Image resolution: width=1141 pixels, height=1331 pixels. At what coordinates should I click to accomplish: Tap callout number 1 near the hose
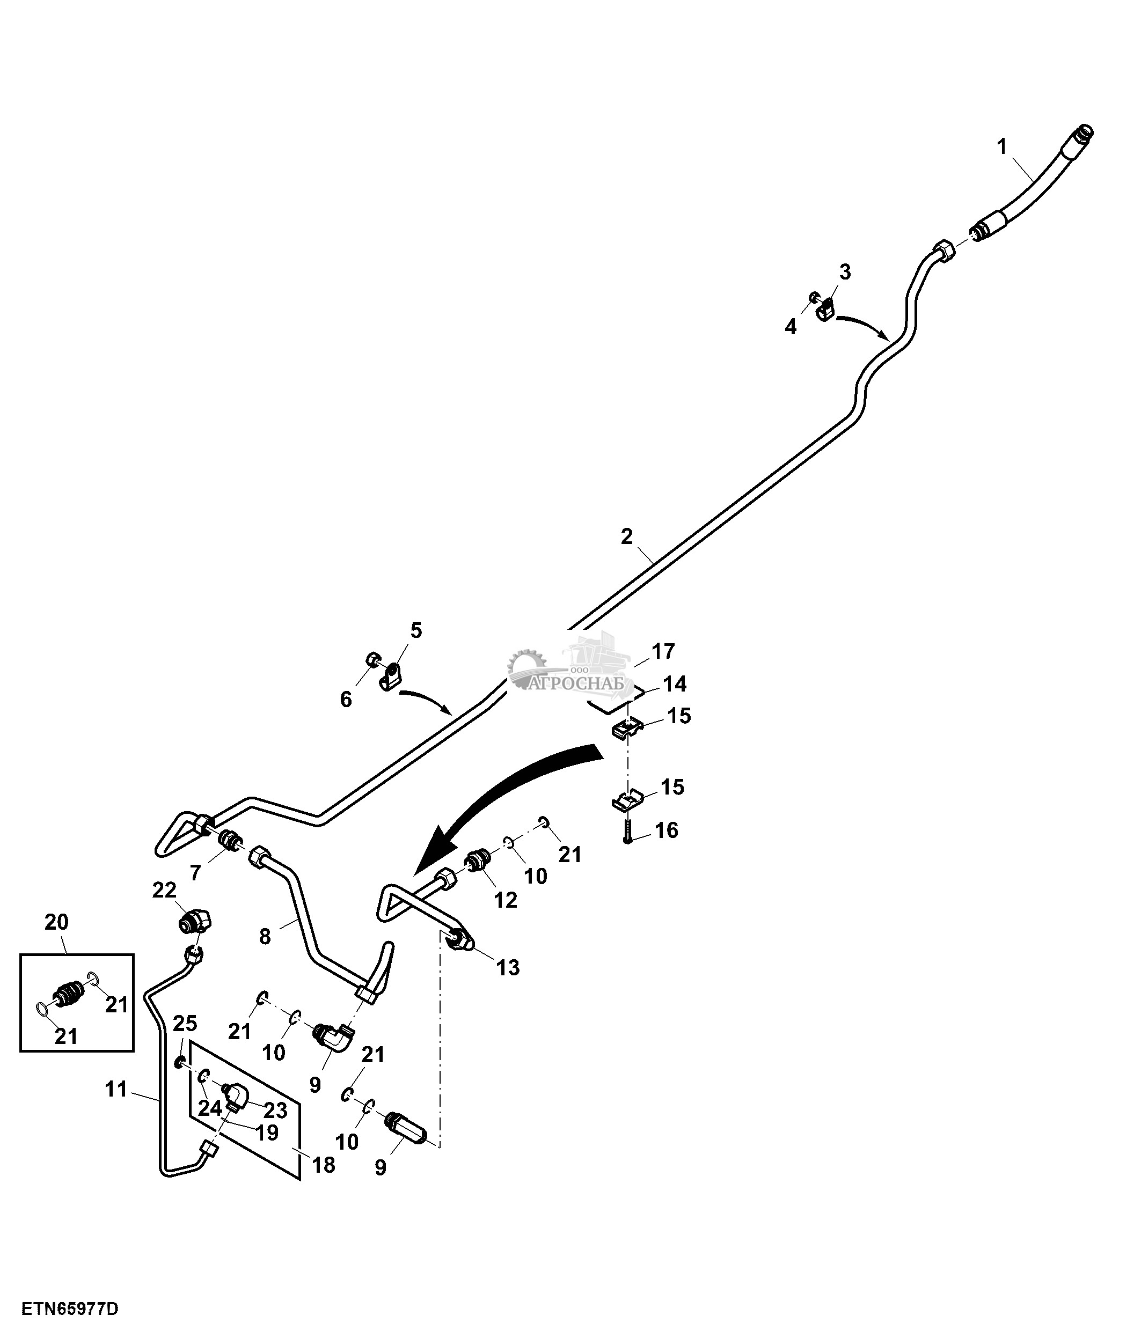tap(1001, 147)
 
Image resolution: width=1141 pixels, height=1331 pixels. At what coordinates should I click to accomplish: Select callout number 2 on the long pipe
tap(626, 536)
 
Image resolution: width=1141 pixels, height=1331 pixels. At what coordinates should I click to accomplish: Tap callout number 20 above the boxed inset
tap(56, 922)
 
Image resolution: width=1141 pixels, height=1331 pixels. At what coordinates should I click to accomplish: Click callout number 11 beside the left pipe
tap(116, 1090)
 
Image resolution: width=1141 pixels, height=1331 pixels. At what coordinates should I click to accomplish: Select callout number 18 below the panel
tap(323, 1165)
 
